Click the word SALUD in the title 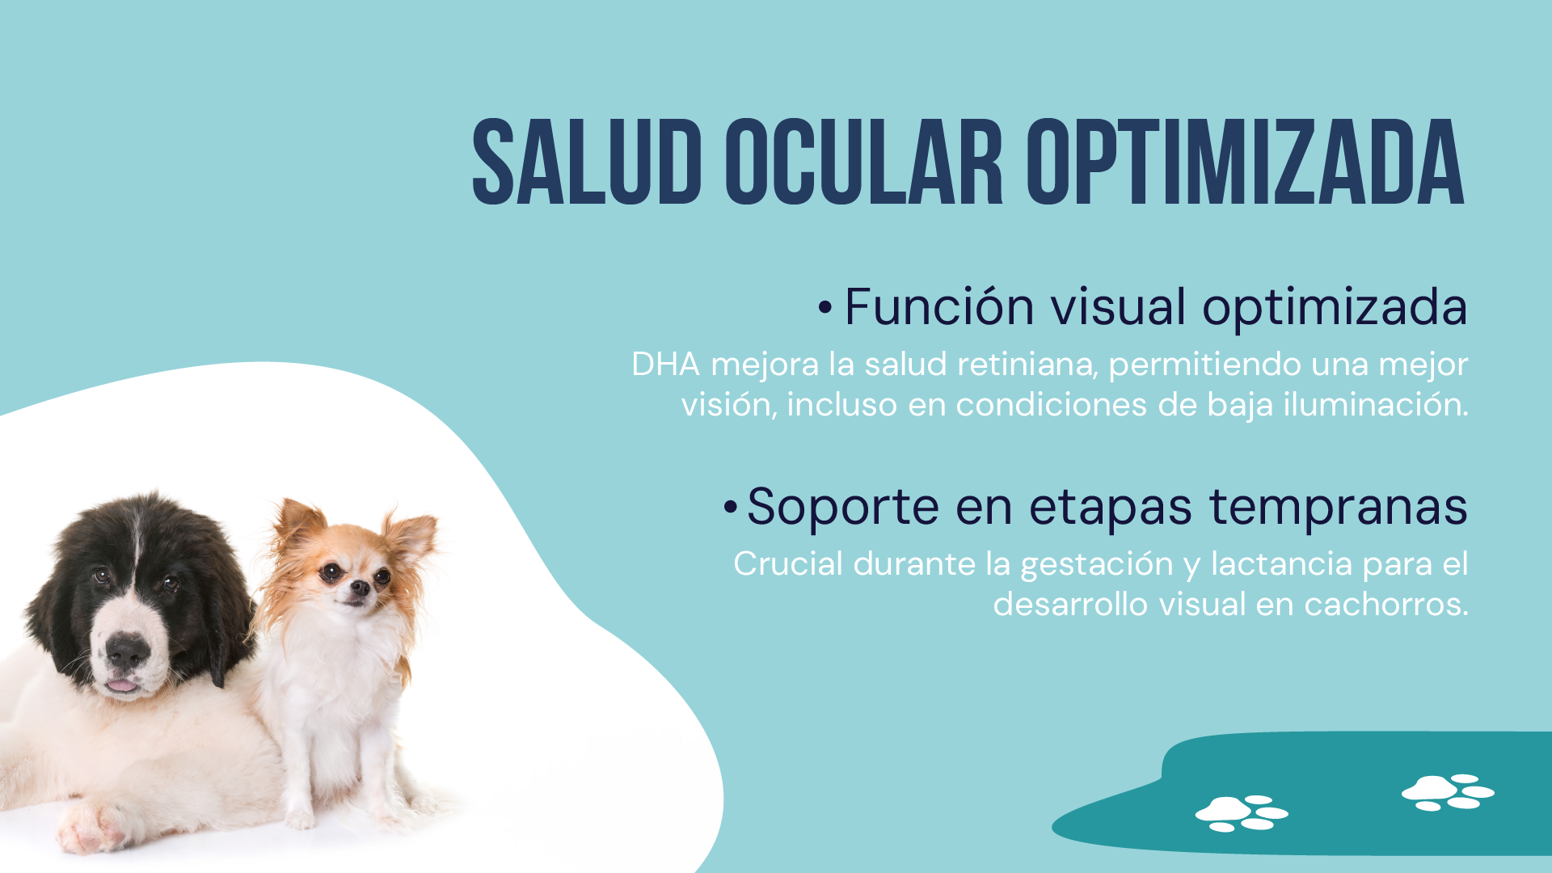pos(587,162)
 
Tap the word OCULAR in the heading pos(864,162)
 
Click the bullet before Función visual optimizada pos(824,308)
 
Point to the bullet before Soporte pos(730,508)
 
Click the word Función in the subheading pos(939,307)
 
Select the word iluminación pos(1376,404)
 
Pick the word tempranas pos(1339,508)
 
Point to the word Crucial pos(788,563)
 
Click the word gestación pos(1097,564)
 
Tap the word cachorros pos(1385,604)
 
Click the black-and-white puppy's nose pos(128,651)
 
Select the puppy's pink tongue pos(122,685)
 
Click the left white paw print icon pos(1242,813)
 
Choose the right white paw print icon pos(1448,792)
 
